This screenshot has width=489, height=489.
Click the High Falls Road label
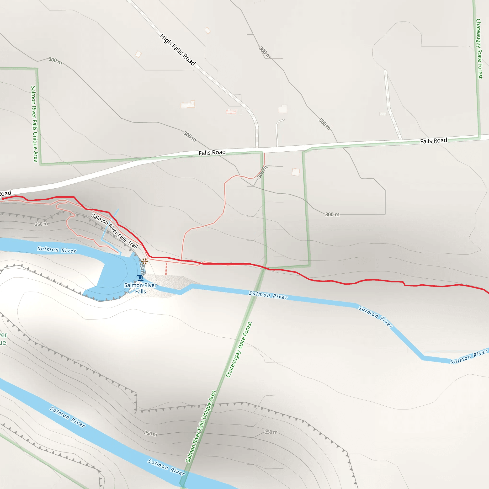click(178, 50)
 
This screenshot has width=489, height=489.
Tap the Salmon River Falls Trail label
click(114, 231)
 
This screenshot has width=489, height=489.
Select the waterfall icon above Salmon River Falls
click(140, 278)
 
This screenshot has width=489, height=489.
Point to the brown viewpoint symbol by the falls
click(144, 261)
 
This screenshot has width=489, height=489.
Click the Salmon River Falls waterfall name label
click(140, 288)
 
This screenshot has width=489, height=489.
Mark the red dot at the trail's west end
click(3, 199)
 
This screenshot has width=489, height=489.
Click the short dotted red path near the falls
click(166, 269)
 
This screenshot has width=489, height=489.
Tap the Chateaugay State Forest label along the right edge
click(479, 49)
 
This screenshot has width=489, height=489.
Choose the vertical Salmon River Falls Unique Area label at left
click(34, 124)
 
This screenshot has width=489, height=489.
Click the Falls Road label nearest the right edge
click(434, 141)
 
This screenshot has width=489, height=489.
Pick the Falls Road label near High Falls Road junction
click(212, 153)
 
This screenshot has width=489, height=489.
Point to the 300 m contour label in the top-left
click(55, 61)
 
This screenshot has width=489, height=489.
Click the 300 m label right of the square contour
click(332, 214)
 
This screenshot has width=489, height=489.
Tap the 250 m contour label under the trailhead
click(41, 224)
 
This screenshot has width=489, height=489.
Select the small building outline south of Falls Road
click(296, 172)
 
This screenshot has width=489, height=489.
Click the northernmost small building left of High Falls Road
click(207, 30)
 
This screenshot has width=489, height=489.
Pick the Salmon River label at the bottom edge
click(166, 467)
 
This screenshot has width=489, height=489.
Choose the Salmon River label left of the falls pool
click(57, 250)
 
